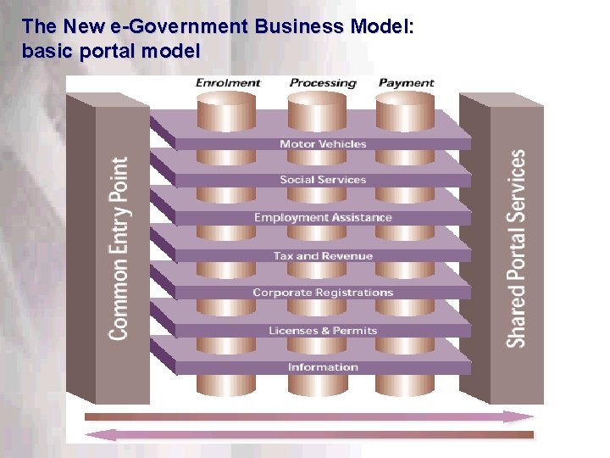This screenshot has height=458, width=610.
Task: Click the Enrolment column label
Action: (x=229, y=83)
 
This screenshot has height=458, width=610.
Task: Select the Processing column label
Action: (x=323, y=83)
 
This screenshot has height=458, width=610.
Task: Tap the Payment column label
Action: (x=406, y=83)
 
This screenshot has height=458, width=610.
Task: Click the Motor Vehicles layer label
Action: (x=323, y=144)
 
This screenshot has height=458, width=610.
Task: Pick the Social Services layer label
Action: (x=323, y=180)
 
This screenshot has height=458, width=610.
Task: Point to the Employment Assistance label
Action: (x=323, y=218)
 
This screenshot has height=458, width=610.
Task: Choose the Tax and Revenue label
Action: (x=323, y=255)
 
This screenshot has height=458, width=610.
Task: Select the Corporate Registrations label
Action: (x=323, y=293)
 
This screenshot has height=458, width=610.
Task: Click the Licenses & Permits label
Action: (x=323, y=331)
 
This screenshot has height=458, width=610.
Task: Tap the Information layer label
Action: (x=323, y=367)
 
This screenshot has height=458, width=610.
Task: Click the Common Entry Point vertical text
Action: (x=119, y=248)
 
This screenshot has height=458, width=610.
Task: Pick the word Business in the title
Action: (x=292, y=26)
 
